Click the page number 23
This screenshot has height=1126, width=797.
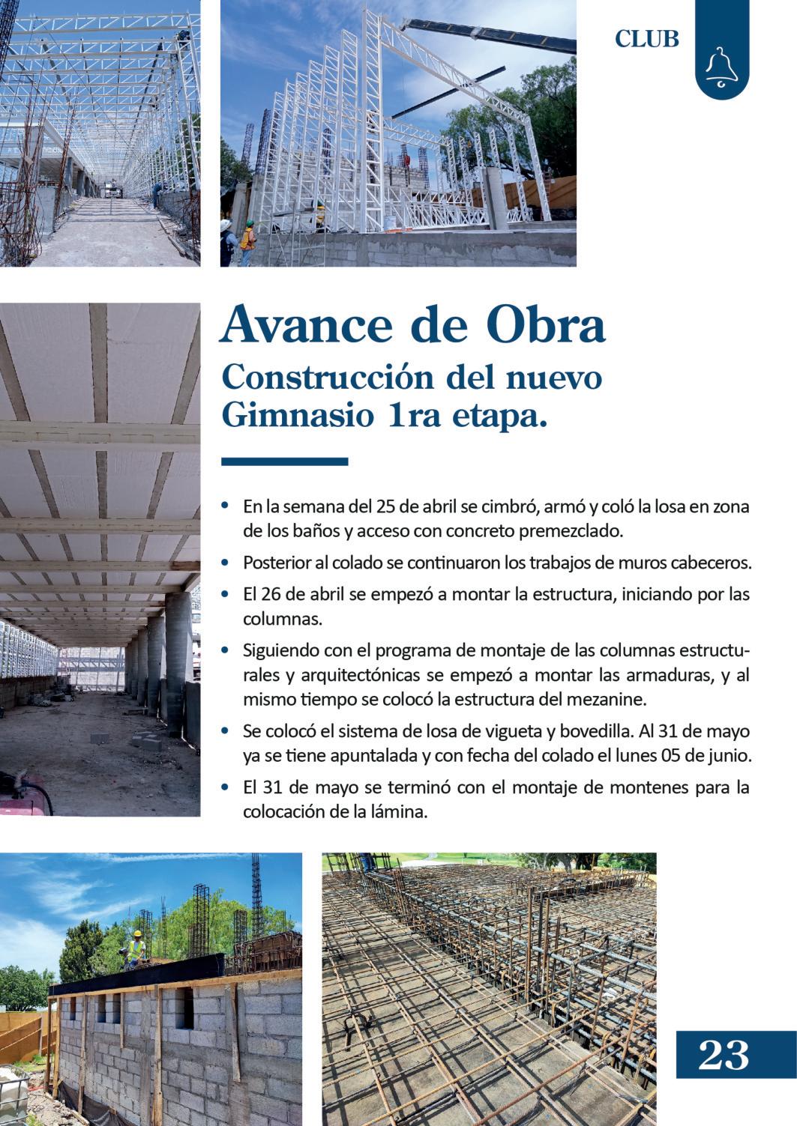[x=724, y=1056]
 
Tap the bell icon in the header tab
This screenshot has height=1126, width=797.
[x=721, y=67]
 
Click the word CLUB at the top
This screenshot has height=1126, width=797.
[x=646, y=39]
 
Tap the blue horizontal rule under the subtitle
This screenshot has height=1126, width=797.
[x=285, y=461]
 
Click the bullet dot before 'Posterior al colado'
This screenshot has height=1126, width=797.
[x=226, y=561]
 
